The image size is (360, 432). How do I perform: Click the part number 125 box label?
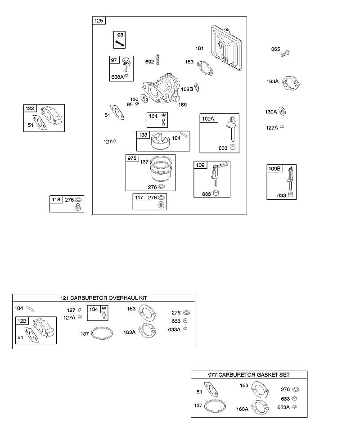coord(99,21)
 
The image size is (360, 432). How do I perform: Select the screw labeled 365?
coord(286,53)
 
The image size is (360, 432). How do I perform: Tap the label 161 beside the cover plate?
coord(199,48)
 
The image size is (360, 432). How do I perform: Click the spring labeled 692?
coord(158,60)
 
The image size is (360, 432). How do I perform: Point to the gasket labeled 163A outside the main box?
coord(290,84)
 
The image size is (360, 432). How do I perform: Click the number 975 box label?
coord(132,158)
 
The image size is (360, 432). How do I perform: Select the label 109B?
coord(274,168)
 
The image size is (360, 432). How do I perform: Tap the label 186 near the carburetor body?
coord(182,104)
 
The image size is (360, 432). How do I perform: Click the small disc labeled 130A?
coord(282,111)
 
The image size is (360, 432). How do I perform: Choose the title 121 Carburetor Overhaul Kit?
coord(103,298)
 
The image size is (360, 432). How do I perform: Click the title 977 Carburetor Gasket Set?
coord(249,375)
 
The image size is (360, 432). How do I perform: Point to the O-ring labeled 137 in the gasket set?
coord(216,406)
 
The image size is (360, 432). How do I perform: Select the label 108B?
coord(187,89)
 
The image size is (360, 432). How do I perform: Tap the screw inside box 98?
coord(120,44)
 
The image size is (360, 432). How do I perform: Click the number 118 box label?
coord(56,199)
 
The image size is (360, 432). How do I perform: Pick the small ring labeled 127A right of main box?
coord(282,127)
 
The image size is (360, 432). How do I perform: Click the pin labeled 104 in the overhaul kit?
coord(30,309)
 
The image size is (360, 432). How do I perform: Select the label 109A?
coord(208,118)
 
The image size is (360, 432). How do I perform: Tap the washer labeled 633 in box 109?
coord(216,193)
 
